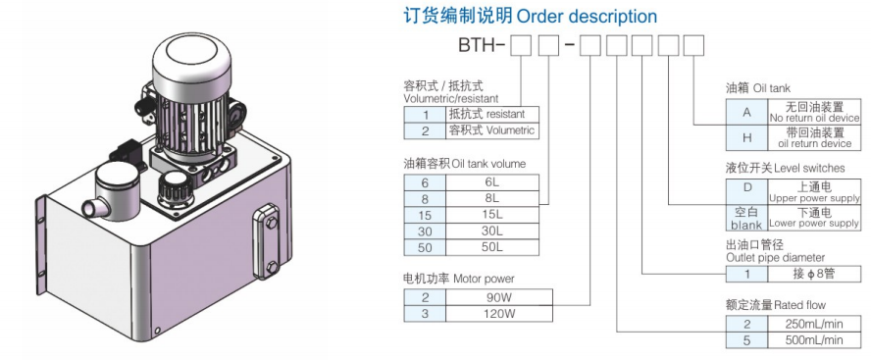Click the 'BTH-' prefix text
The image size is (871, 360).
482,45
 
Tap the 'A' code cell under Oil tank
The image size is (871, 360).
746,113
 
